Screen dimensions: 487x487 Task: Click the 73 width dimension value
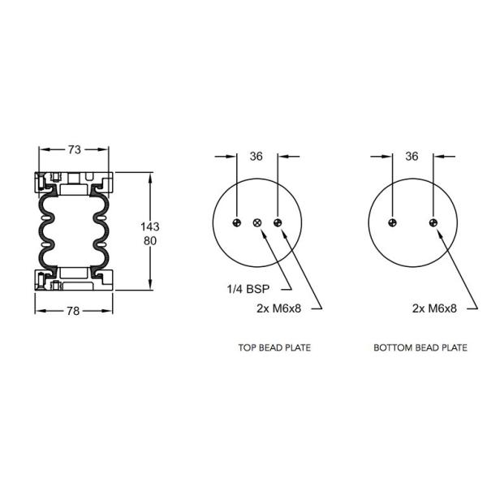click(x=74, y=149)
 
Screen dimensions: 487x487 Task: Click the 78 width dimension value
click(x=74, y=308)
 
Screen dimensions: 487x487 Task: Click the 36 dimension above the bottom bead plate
click(x=412, y=157)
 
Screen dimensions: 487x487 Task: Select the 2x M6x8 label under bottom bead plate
click(x=434, y=308)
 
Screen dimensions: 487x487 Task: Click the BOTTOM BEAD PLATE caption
click(x=420, y=347)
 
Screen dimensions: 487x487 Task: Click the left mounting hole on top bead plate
click(x=237, y=223)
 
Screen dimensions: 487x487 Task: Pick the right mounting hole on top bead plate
click(x=278, y=223)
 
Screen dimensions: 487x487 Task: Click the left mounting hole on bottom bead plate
click(x=392, y=223)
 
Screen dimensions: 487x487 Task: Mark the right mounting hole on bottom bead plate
click(x=433, y=223)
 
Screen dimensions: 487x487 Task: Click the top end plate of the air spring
click(x=74, y=180)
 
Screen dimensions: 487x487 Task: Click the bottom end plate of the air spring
click(x=74, y=281)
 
